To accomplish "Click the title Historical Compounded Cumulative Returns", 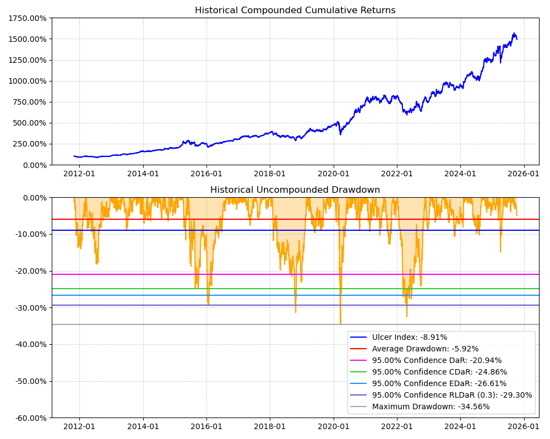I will point(295,10).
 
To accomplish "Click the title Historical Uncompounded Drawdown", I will point(295,190).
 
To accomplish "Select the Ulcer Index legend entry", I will point(410,337).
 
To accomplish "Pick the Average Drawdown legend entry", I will point(425,349).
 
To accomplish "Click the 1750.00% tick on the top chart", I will point(27,18).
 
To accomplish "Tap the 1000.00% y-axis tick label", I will point(27,81).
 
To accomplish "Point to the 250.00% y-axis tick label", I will point(29,144).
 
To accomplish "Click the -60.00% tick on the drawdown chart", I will point(29,418).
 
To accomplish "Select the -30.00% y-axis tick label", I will point(29,307).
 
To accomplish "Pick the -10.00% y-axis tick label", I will point(29,234).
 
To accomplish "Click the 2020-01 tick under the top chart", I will point(334,173).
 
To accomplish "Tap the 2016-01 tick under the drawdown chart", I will point(206,426).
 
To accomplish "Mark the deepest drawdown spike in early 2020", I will point(340,323).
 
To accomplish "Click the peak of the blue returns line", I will point(514,33).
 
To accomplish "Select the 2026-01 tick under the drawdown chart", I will point(524,426).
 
